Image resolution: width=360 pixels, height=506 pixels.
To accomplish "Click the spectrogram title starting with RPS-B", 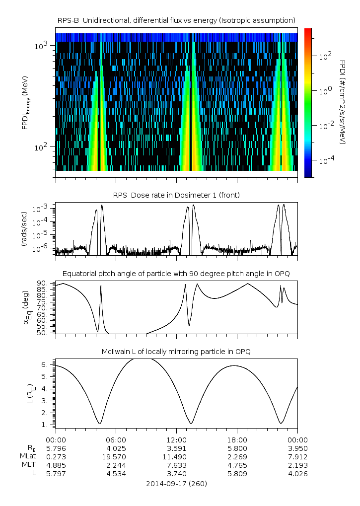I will pos(176,20).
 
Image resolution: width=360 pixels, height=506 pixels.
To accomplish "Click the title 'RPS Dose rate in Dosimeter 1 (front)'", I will pos(176,195).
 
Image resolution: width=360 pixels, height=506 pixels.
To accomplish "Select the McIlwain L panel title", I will pos(176,352).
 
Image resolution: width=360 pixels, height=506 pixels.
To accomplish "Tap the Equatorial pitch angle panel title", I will pos(176,274).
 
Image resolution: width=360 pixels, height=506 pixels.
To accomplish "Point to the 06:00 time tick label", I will pos(116,440).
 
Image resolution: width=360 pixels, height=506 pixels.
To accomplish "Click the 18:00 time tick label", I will pos(237,440).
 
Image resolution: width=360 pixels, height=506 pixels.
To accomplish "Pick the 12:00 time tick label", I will pos(177,440).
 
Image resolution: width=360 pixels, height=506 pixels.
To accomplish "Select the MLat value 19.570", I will pos(116,457).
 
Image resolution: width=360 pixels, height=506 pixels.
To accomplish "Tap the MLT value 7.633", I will pos(177,465).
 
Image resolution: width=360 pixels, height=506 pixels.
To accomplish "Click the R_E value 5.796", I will pos(56,448).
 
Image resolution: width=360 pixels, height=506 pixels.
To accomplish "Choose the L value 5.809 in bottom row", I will pos(237,474).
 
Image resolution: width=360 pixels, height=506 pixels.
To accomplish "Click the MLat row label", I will pos(27,457).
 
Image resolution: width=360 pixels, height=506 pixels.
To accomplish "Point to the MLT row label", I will pos(28,465).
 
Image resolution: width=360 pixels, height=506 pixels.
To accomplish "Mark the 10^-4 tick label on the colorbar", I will pos(325,161).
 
